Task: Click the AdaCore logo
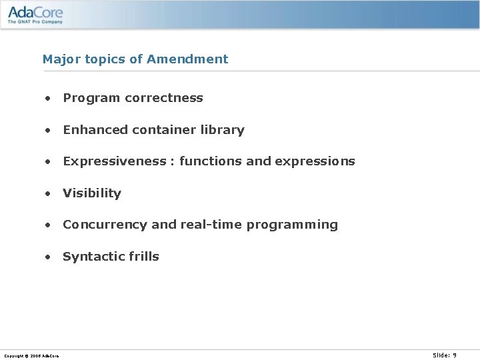[35, 11]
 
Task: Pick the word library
[223, 130]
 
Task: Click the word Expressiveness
[114, 161]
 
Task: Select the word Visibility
[92, 193]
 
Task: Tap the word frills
[142, 257]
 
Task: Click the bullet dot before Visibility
[48, 193]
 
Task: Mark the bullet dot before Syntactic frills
[48, 257]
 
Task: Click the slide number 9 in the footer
[455, 355]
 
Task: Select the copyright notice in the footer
[31, 356]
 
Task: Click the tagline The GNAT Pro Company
[35, 21]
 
